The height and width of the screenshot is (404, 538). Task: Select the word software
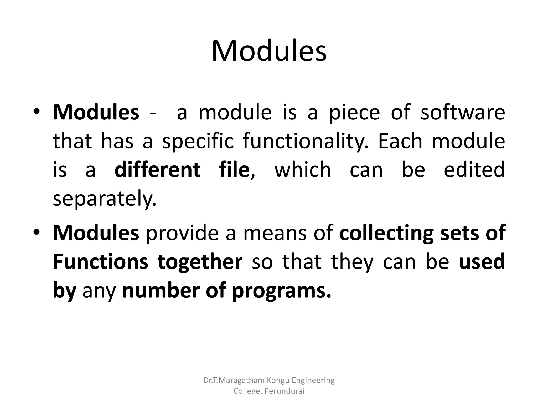pyautogui.click(x=463, y=113)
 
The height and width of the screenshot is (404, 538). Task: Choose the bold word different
pyautogui.click(x=157, y=170)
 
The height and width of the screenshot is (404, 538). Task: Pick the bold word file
pyautogui.click(x=234, y=170)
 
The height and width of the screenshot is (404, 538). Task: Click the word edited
pyautogui.click(x=474, y=170)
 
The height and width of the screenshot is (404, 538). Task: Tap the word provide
pyautogui.click(x=182, y=233)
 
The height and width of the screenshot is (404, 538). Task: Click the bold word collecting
pyautogui.click(x=386, y=233)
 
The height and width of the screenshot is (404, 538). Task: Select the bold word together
pyautogui.click(x=200, y=262)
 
